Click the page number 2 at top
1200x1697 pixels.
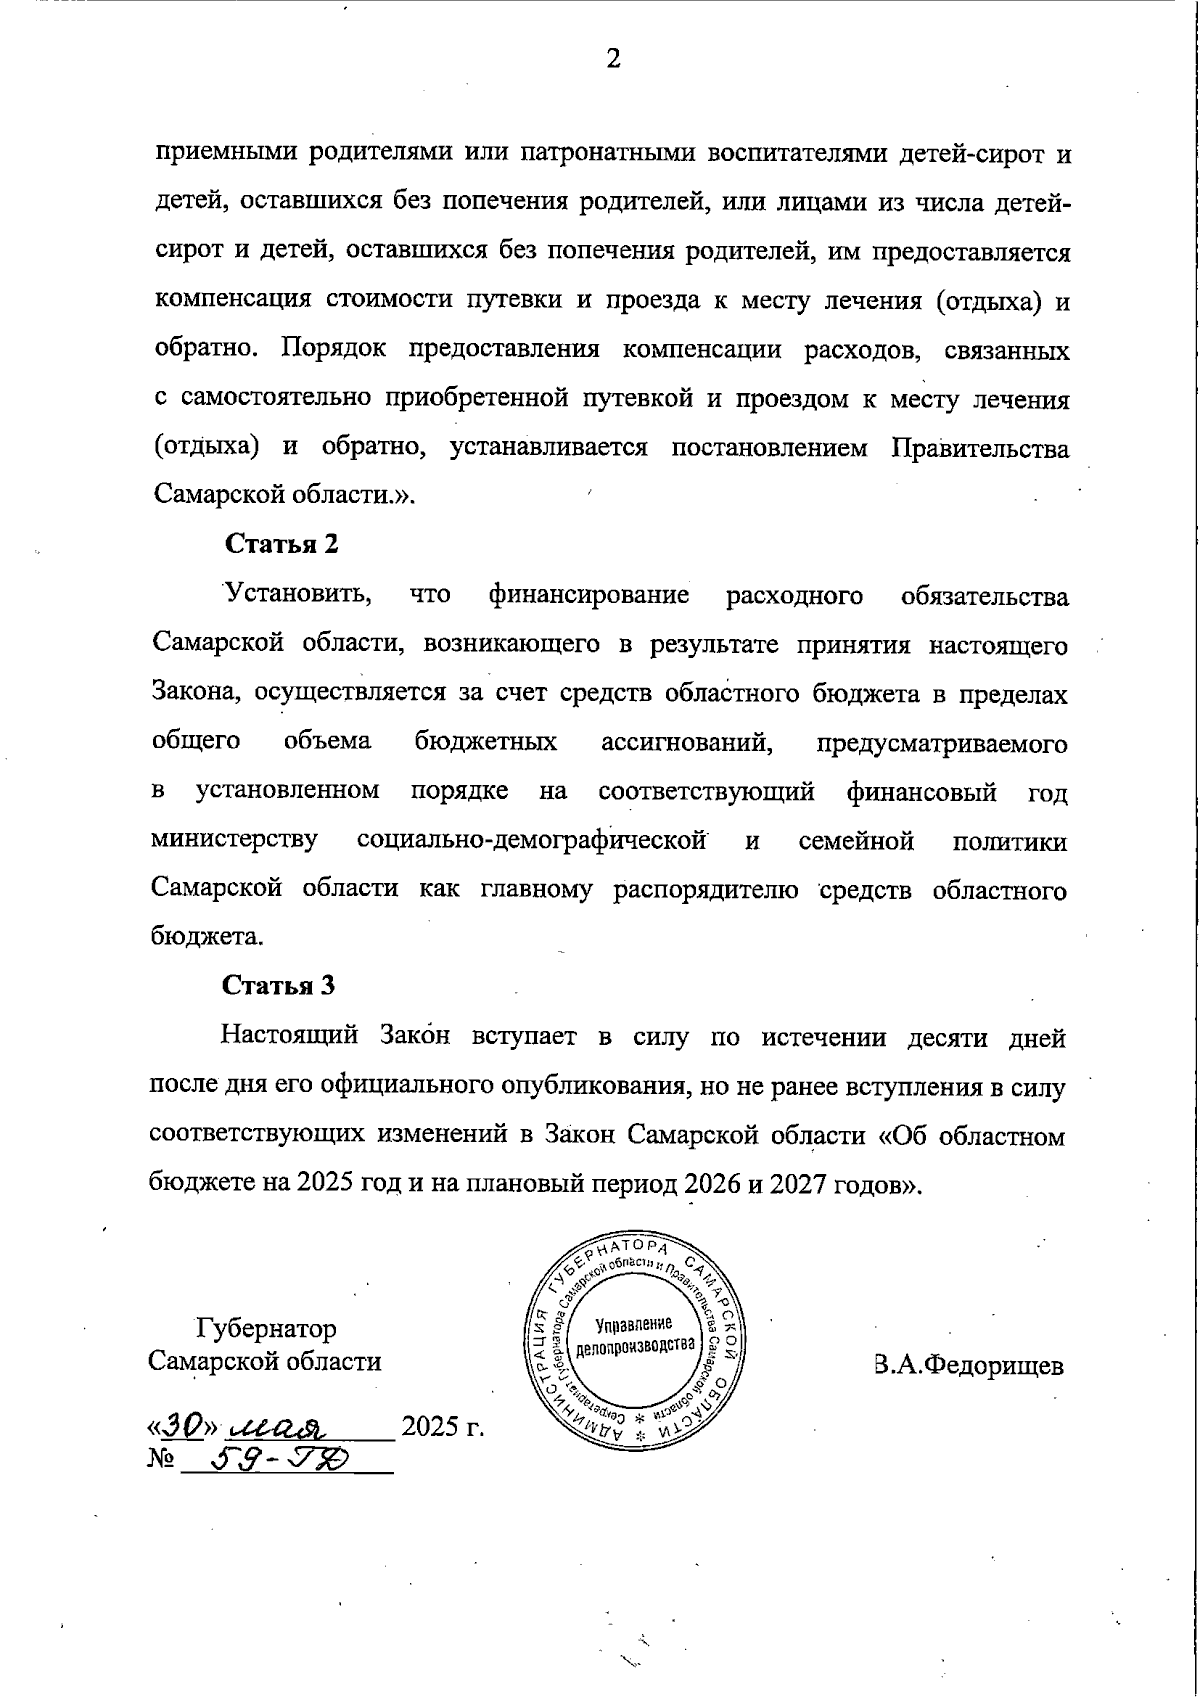click(x=613, y=59)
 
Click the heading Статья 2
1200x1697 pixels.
click(x=281, y=544)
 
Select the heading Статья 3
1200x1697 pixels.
click(x=278, y=985)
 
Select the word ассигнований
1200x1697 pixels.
click(x=687, y=742)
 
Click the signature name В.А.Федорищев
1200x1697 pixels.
click(x=968, y=1365)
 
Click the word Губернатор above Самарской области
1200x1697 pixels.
click(x=266, y=1329)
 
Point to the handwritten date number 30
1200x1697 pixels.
click(x=181, y=1423)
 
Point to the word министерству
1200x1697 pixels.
click(x=235, y=841)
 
